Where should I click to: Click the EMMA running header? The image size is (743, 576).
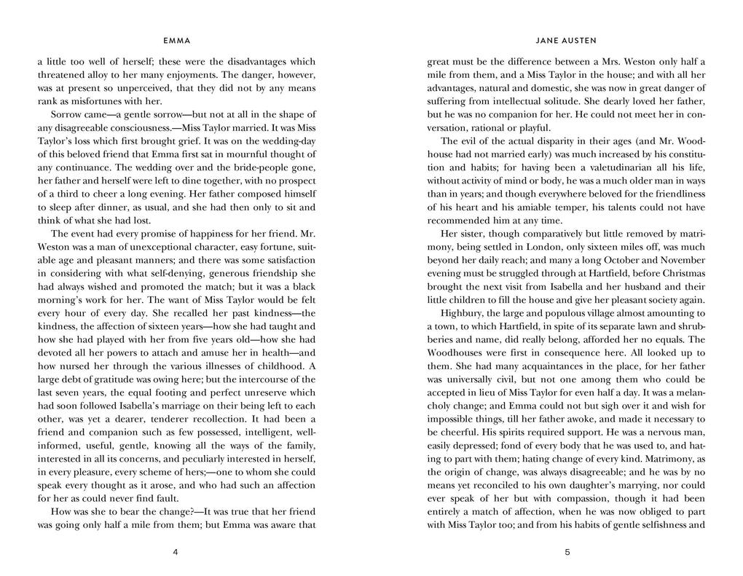pos(176,41)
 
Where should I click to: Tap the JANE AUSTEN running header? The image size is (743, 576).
pos(566,41)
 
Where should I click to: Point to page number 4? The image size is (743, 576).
pos(176,552)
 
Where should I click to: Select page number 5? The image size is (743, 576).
pos(567,552)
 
